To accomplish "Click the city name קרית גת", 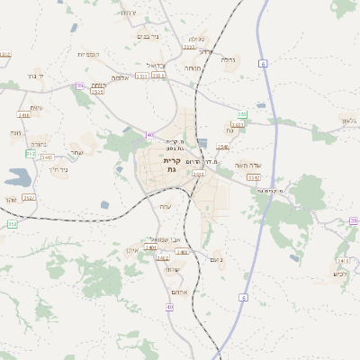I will click(x=172, y=165).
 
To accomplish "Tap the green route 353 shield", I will click(x=242, y=114).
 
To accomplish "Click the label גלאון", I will click(x=348, y=121).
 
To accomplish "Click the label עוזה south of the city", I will click(x=165, y=207).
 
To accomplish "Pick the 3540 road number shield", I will click(x=223, y=147).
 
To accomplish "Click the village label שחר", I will click(x=76, y=152).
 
